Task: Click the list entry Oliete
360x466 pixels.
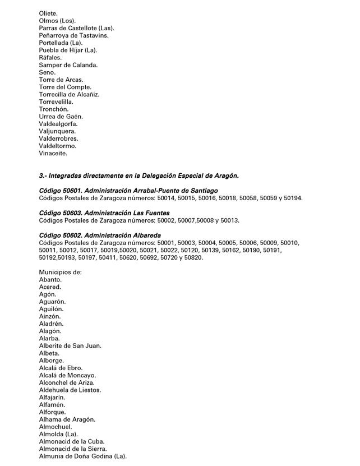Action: [49, 13]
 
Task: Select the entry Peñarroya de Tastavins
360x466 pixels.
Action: [73, 35]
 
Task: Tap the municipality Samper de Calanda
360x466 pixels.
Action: [68, 65]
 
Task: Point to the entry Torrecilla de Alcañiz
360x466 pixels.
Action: [70, 94]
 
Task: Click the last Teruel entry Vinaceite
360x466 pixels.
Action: [53, 153]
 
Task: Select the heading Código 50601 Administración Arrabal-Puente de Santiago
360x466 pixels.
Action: [128, 191]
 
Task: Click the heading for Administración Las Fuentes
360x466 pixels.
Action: [104, 213]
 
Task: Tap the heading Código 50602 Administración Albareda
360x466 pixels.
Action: [100, 235]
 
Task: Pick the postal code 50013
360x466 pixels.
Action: [230, 220]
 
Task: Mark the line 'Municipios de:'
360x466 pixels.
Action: [61, 272]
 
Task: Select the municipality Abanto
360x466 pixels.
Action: [50, 279]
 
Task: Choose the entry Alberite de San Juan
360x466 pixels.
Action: [70, 345]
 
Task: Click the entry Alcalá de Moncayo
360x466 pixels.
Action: [67, 375]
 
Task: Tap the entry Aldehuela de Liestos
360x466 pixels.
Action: [70, 390]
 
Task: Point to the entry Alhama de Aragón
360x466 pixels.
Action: [67, 419]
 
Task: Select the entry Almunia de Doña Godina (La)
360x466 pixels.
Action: [83, 456]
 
